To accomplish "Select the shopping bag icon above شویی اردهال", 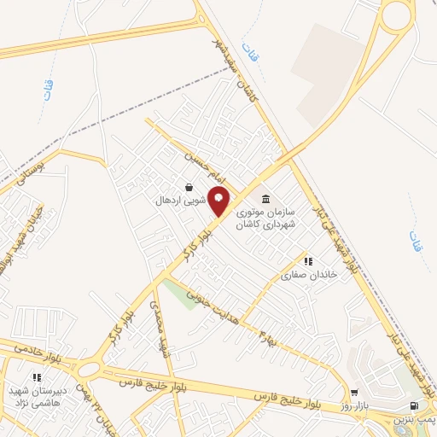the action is click(x=189, y=188).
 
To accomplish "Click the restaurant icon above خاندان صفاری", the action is click(x=307, y=260).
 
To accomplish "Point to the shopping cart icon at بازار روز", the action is click(x=354, y=393).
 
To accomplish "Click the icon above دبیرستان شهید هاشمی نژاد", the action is click(x=37, y=376).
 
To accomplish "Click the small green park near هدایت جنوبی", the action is click(x=179, y=295).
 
